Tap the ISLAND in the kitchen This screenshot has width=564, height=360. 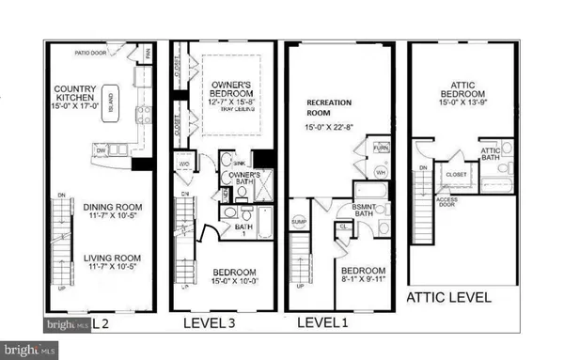[111, 98]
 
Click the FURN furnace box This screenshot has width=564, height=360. [381, 148]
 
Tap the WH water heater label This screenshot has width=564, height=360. [381, 172]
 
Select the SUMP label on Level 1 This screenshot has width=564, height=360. [299, 221]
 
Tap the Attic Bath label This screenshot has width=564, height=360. [490, 154]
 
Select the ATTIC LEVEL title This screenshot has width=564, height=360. [447, 297]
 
